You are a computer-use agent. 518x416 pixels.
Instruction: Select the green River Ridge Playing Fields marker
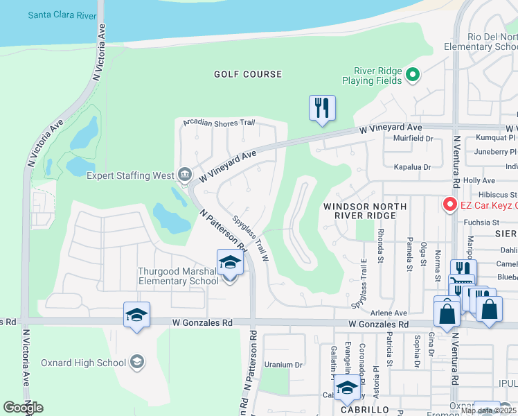click(413, 75)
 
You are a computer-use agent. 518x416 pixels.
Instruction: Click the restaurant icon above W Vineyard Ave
click(322, 108)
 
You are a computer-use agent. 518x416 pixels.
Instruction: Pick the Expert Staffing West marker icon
click(184, 175)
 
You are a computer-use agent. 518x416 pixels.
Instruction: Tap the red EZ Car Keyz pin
click(449, 205)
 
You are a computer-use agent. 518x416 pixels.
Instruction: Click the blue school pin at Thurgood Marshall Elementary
click(231, 263)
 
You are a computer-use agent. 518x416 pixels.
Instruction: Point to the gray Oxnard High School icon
click(137, 363)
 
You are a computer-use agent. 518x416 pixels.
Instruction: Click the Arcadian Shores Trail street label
click(219, 123)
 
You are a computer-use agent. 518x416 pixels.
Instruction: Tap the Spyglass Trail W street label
click(250, 236)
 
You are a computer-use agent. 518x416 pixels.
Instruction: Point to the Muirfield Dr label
click(413, 139)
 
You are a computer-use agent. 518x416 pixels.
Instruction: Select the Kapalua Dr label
click(412, 167)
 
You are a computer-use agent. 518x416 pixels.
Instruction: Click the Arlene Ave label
click(389, 313)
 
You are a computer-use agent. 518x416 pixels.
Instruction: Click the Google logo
click(23, 408)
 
